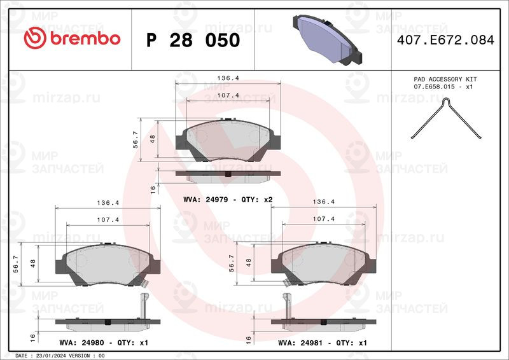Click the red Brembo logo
(72, 38)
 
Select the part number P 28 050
(193, 40)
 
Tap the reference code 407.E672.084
(445, 40)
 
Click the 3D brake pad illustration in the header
(327, 39)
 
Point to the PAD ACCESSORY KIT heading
(445, 80)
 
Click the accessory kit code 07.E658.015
(434, 87)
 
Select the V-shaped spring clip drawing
(446, 119)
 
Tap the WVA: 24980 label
(82, 343)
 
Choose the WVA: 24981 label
(300, 343)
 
